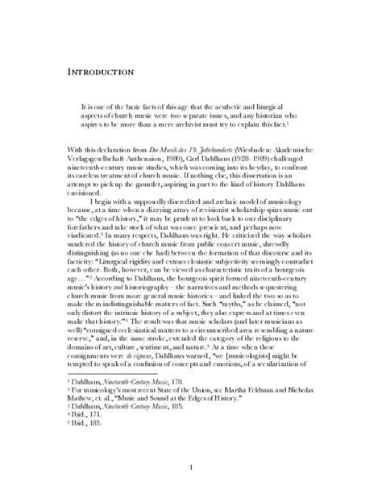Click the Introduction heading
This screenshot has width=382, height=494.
pos(100,73)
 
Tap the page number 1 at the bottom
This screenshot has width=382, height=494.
pos(191,467)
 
